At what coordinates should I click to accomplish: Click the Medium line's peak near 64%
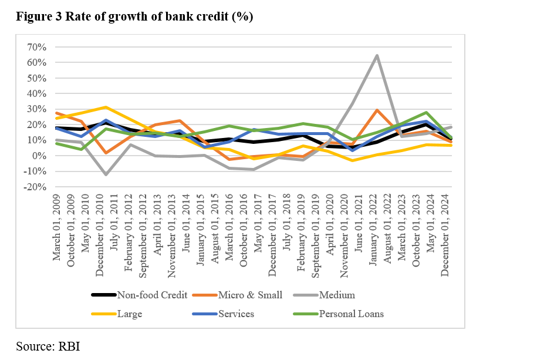376,56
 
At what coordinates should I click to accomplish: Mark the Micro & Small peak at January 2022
376,110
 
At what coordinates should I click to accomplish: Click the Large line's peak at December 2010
105,107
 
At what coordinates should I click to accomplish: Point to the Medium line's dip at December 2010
105,174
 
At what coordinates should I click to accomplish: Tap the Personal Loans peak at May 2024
425,112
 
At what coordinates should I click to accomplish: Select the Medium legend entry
337,295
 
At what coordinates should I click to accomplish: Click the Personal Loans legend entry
351,314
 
